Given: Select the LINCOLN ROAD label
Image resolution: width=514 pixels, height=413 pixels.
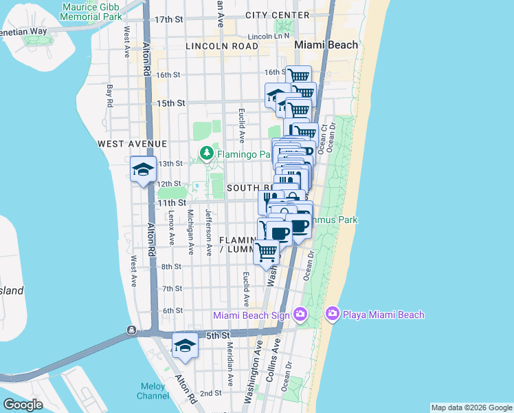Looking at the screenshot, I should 221,46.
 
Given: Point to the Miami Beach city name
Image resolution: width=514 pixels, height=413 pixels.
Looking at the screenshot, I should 326,45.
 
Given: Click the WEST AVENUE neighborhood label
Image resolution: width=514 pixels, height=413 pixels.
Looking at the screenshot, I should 133,143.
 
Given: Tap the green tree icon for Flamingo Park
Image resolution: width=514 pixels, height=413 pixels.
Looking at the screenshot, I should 205,152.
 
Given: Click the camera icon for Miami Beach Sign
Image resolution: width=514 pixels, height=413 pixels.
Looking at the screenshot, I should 300,315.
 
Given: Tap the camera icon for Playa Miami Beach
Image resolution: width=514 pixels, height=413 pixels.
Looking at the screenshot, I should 333,315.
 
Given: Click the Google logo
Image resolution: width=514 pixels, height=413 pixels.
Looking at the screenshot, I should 23,405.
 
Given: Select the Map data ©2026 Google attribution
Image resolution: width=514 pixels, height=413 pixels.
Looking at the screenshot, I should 471,407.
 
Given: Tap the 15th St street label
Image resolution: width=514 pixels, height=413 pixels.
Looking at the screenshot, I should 171,103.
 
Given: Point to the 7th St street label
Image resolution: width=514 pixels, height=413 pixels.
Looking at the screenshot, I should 172,288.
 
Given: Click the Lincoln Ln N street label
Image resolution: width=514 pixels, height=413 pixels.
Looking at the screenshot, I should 270,35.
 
